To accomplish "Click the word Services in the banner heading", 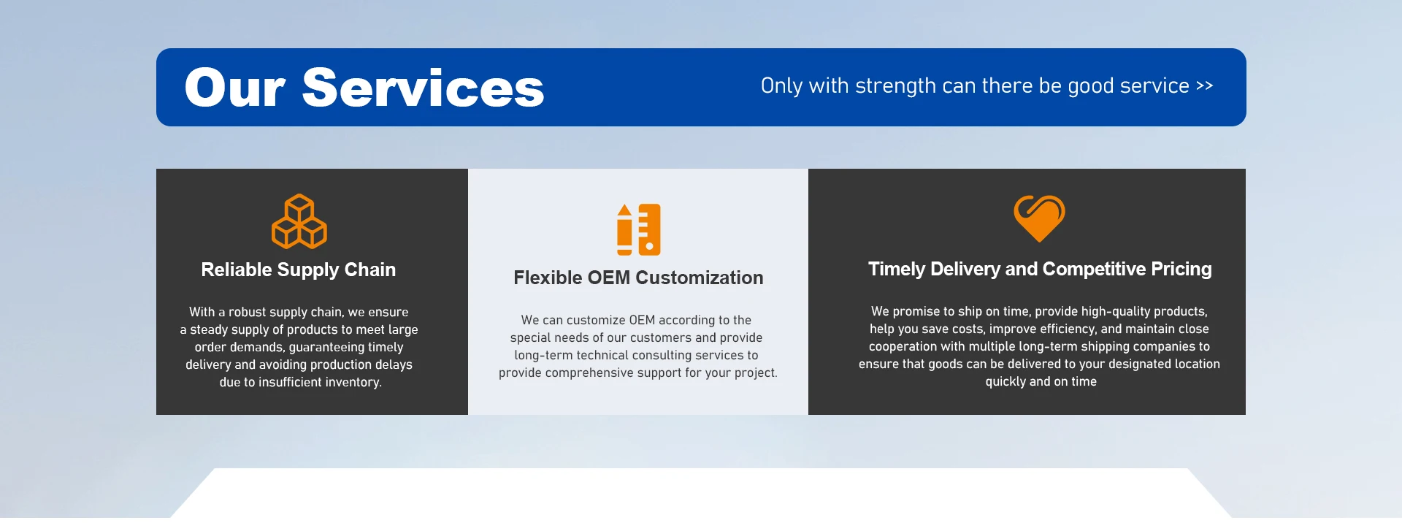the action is point(423,88).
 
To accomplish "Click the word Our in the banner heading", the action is point(234,88).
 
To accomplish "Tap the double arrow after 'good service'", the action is point(1205,86).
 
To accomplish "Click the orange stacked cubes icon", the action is point(299,221).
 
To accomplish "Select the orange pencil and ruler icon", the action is point(639,229).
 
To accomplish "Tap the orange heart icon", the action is point(1040,218).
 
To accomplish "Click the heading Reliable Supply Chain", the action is point(299,270).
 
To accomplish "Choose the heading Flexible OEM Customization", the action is point(638,278).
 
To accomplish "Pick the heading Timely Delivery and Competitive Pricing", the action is point(1040,269).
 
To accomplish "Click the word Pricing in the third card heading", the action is point(1181,269).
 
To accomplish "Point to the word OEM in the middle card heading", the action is point(609,278).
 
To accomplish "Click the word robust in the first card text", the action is point(248,312).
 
